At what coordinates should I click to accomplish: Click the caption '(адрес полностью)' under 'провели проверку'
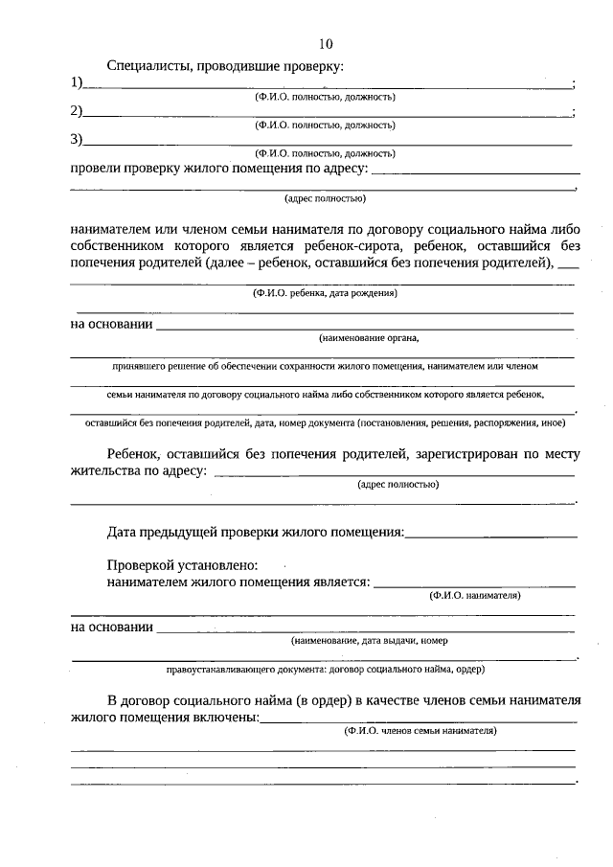pos(325,199)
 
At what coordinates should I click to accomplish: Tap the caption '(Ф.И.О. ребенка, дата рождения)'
pos(325,293)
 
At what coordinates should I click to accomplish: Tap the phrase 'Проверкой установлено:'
pos(182,565)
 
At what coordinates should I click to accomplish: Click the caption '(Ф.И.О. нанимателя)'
pos(475,595)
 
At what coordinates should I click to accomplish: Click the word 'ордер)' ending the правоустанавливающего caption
pos(468,668)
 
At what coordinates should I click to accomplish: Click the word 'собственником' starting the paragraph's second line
pos(121,246)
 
